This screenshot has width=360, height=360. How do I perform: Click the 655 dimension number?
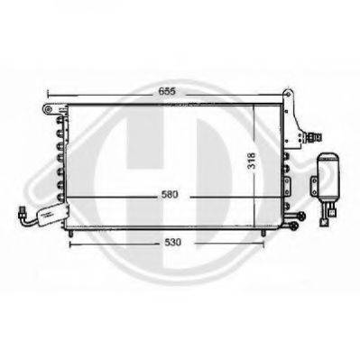[x=158, y=91]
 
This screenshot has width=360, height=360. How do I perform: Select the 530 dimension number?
[x=166, y=243]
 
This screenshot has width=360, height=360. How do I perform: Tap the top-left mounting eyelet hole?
[x=45, y=109]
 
